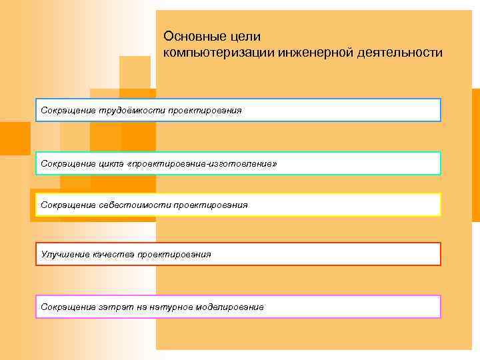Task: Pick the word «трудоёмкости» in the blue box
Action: (133, 109)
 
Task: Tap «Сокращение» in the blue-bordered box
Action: (69, 109)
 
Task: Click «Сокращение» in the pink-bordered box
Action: (69, 307)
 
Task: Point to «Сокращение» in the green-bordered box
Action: (69, 164)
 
